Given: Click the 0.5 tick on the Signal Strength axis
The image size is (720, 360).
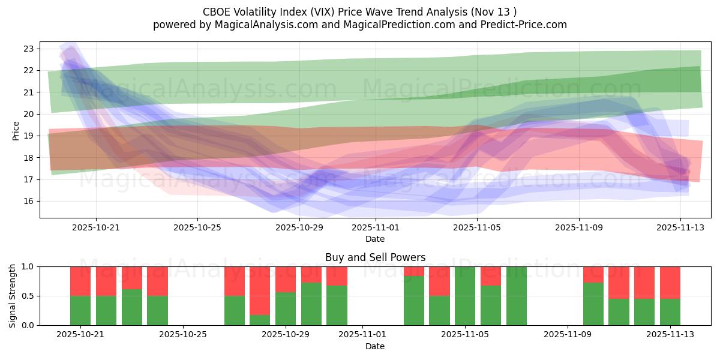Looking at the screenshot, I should point(29,296).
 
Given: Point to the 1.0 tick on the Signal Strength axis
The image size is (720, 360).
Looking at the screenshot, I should point(29,266).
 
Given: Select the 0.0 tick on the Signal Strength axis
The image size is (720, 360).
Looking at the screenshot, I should point(29,325).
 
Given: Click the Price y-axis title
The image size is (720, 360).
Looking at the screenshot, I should point(16,130).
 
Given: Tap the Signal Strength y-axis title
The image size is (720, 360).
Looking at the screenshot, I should point(13,296).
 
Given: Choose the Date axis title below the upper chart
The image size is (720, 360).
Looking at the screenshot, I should point(375,239).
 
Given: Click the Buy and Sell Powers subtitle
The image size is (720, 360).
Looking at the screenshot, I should point(375,257).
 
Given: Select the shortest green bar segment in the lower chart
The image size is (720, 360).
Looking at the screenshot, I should point(260,320).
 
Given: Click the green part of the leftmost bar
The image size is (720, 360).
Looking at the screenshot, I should point(80,310).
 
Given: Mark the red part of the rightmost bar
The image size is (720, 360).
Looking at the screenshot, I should point(670,283).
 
